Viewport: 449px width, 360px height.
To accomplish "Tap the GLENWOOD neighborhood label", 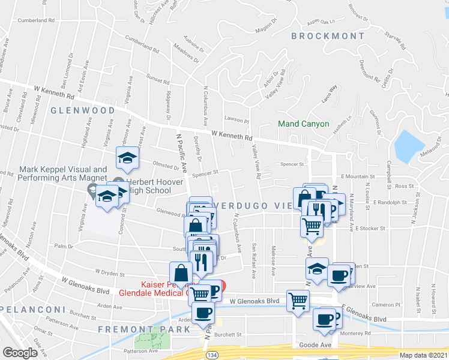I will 82,111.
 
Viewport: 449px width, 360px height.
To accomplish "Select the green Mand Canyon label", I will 303,124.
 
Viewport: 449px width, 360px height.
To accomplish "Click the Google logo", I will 20,353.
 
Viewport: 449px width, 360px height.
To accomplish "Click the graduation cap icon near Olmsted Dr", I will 127,158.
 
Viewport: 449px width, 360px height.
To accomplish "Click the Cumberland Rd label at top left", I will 36,20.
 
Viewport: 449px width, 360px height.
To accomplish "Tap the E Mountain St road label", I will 357,177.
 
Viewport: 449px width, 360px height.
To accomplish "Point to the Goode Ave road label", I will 316,346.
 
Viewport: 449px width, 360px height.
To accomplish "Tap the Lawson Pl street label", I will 237,119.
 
